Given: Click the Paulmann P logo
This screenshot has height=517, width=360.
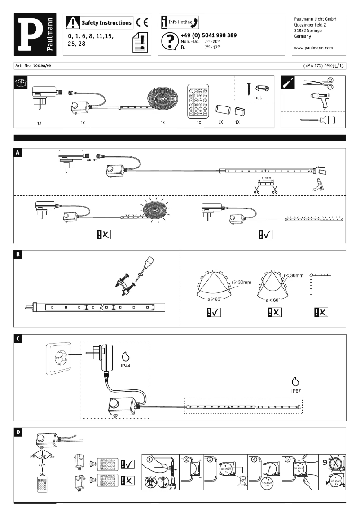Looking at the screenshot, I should point(35,34).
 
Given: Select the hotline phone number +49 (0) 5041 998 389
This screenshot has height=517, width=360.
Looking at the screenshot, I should point(208,35).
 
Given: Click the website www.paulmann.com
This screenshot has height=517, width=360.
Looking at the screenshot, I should point(313,47).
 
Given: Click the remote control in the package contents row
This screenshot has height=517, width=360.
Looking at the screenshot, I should point(198,102).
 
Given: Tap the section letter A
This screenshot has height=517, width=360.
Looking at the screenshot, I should point(18,152).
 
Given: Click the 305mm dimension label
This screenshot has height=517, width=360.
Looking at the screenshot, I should point(266,178).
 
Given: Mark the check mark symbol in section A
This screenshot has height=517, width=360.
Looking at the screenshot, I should point(265,234).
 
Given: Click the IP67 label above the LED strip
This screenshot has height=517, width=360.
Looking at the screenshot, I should point(295,391).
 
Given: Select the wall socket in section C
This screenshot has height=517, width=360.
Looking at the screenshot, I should point(58,359).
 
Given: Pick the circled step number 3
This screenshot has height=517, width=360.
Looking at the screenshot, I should point(210,459).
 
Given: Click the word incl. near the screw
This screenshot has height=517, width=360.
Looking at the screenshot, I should point(257,97).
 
